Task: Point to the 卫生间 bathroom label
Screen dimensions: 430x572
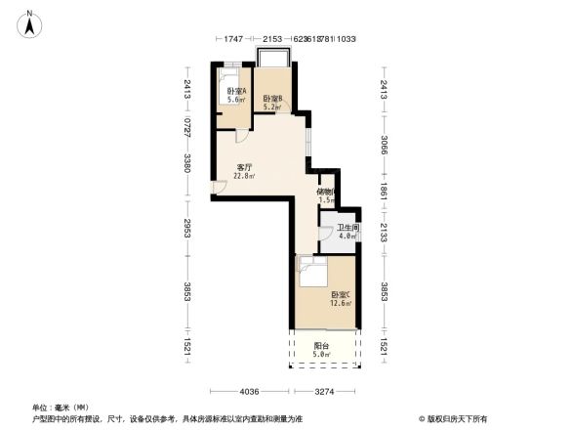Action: [x=347, y=231]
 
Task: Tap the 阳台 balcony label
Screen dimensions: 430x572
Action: [x=320, y=346]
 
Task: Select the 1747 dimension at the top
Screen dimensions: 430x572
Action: [x=232, y=38]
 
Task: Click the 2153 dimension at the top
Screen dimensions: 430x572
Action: [x=271, y=38]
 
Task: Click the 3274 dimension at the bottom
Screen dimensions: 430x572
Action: [x=325, y=391]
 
